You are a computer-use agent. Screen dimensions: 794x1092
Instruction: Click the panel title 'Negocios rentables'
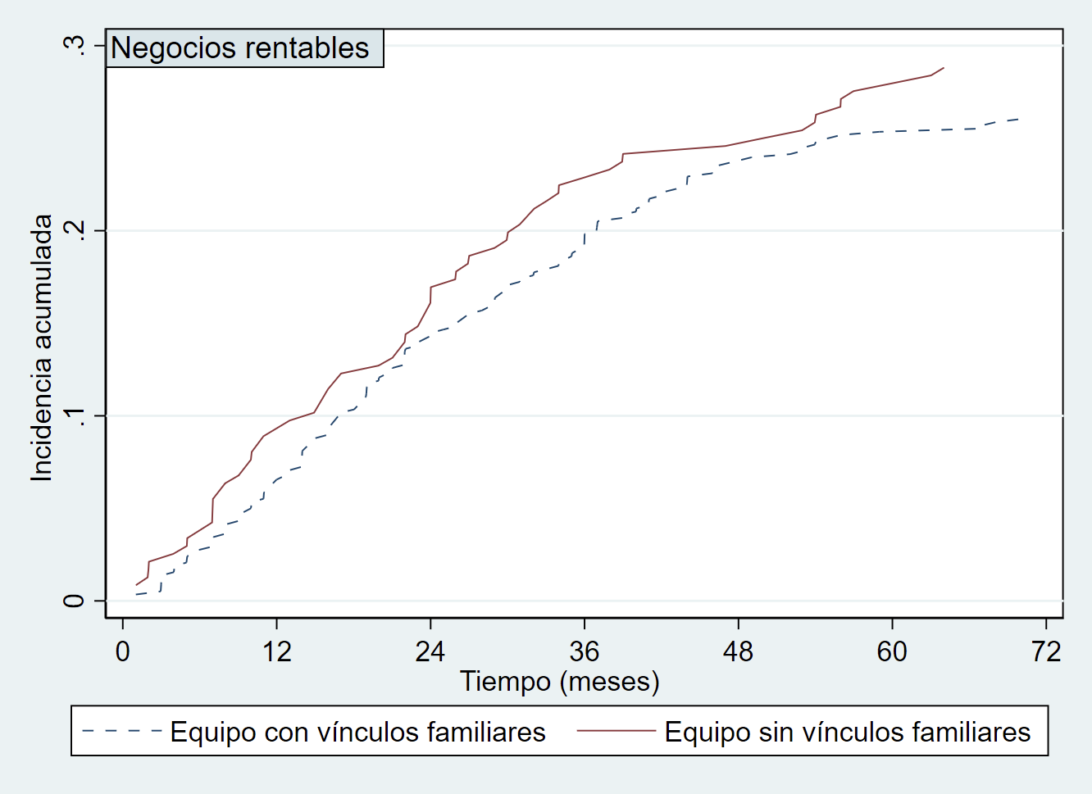click(240, 48)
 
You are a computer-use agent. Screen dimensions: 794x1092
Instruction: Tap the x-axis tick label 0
click(123, 652)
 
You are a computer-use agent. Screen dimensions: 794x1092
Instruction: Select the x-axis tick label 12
click(276, 652)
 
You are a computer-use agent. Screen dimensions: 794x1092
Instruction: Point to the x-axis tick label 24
click(430, 652)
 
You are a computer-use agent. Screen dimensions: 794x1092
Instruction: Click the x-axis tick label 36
click(584, 652)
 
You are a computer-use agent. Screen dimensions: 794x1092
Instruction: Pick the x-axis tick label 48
click(738, 652)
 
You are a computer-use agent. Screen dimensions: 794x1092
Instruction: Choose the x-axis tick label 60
click(892, 652)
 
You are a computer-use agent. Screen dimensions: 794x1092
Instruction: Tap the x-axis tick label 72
click(1046, 652)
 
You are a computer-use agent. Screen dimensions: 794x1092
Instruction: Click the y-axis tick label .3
click(74, 45)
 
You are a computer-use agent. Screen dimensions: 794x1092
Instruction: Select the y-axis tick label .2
click(74, 230)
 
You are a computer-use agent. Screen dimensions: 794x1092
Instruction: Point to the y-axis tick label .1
click(74, 415)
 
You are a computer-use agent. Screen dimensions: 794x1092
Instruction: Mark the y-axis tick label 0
click(74, 601)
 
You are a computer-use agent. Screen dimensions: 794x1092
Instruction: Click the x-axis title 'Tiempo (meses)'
click(560, 682)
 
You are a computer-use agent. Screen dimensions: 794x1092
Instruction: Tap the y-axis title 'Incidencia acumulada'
click(42, 347)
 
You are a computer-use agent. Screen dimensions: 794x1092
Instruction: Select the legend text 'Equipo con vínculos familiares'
click(357, 732)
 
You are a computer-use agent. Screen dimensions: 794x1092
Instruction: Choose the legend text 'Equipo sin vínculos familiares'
click(848, 732)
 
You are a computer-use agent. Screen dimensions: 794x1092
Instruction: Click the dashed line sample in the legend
click(121, 731)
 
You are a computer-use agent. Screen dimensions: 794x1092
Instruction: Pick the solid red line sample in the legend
click(617, 731)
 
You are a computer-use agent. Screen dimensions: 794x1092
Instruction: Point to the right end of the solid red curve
click(944, 68)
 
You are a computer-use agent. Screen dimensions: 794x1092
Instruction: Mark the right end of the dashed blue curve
click(1018, 120)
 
